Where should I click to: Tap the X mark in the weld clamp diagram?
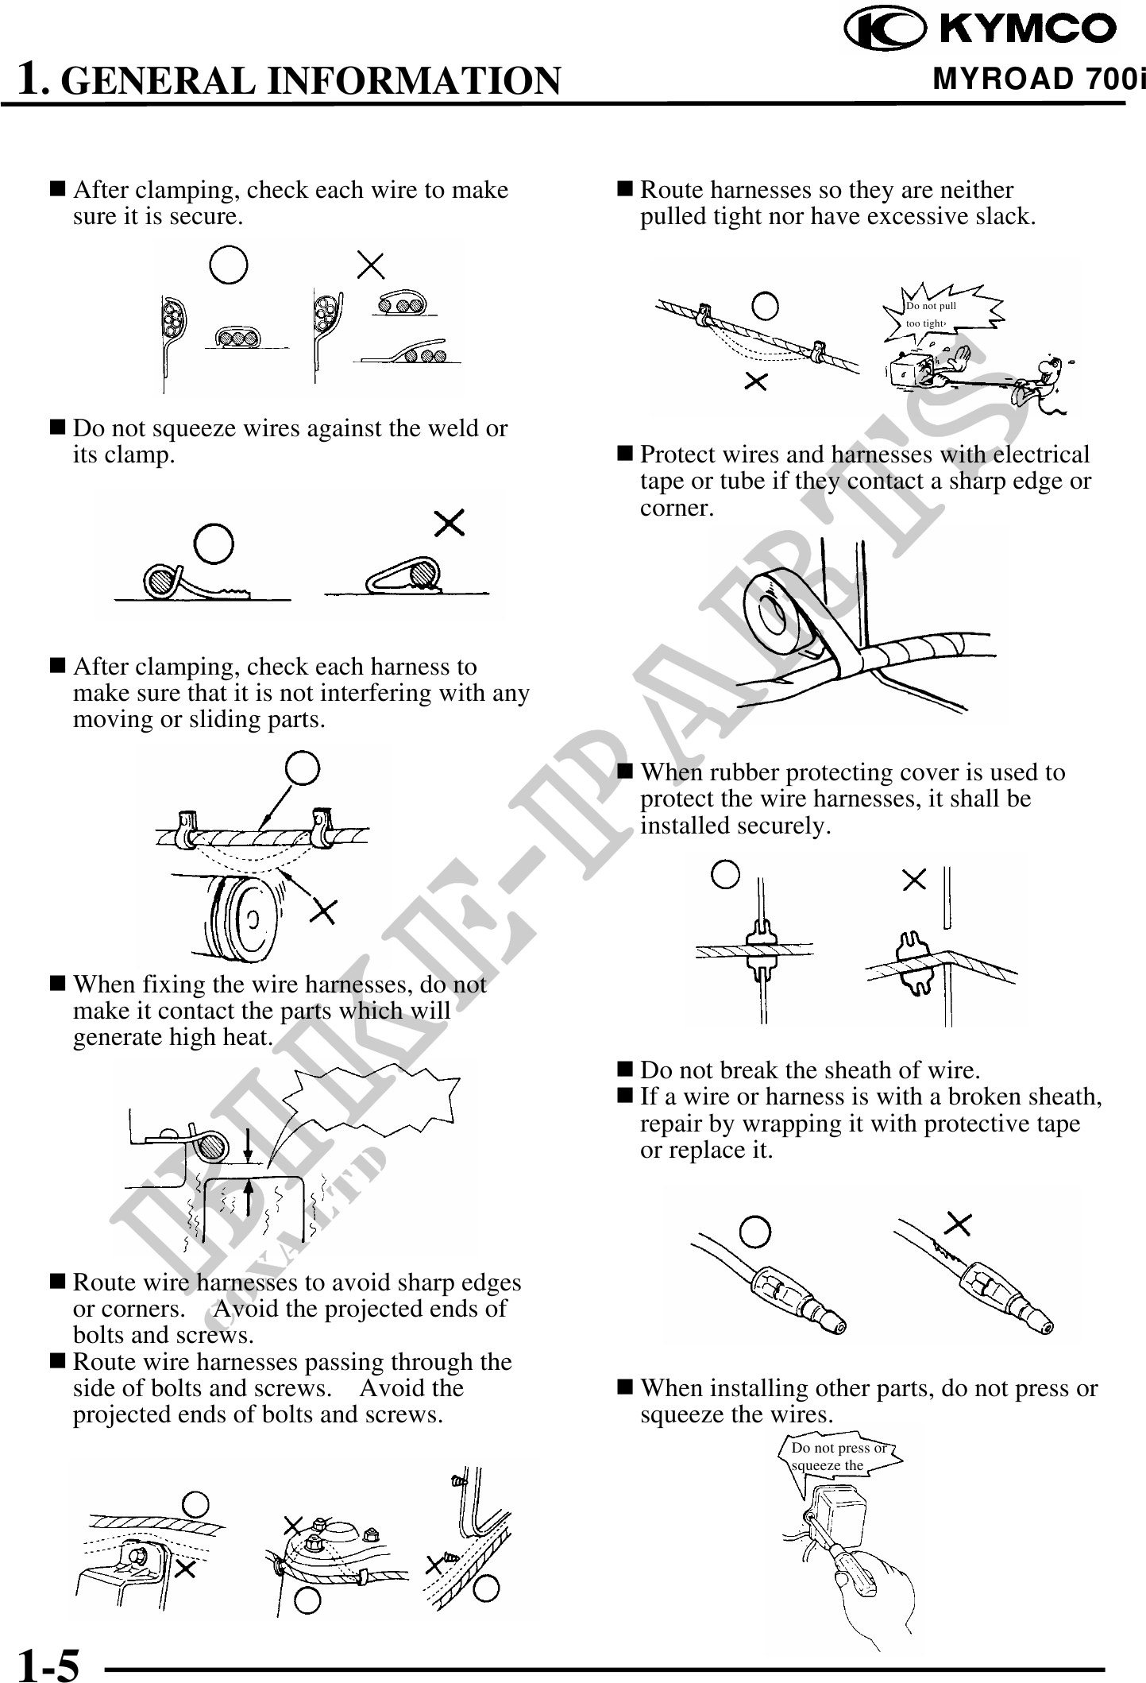pos(450,524)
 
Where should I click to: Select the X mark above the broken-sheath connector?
pos(959,1225)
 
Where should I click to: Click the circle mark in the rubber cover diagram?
pos(725,876)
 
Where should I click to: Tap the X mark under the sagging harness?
pos(756,382)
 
